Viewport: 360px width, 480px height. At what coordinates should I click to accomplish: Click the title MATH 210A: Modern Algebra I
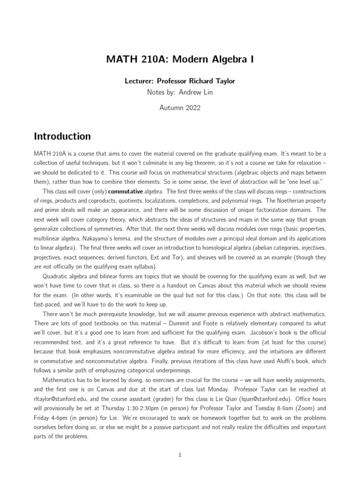(x=180, y=59)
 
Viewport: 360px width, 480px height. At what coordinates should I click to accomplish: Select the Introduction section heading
(x=62, y=136)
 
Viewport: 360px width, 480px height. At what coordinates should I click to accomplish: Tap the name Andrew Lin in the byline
(x=195, y=92)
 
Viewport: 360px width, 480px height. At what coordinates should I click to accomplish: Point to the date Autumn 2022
(x=180, y=108)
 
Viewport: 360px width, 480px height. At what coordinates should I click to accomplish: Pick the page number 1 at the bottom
(x=180, y=455)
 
